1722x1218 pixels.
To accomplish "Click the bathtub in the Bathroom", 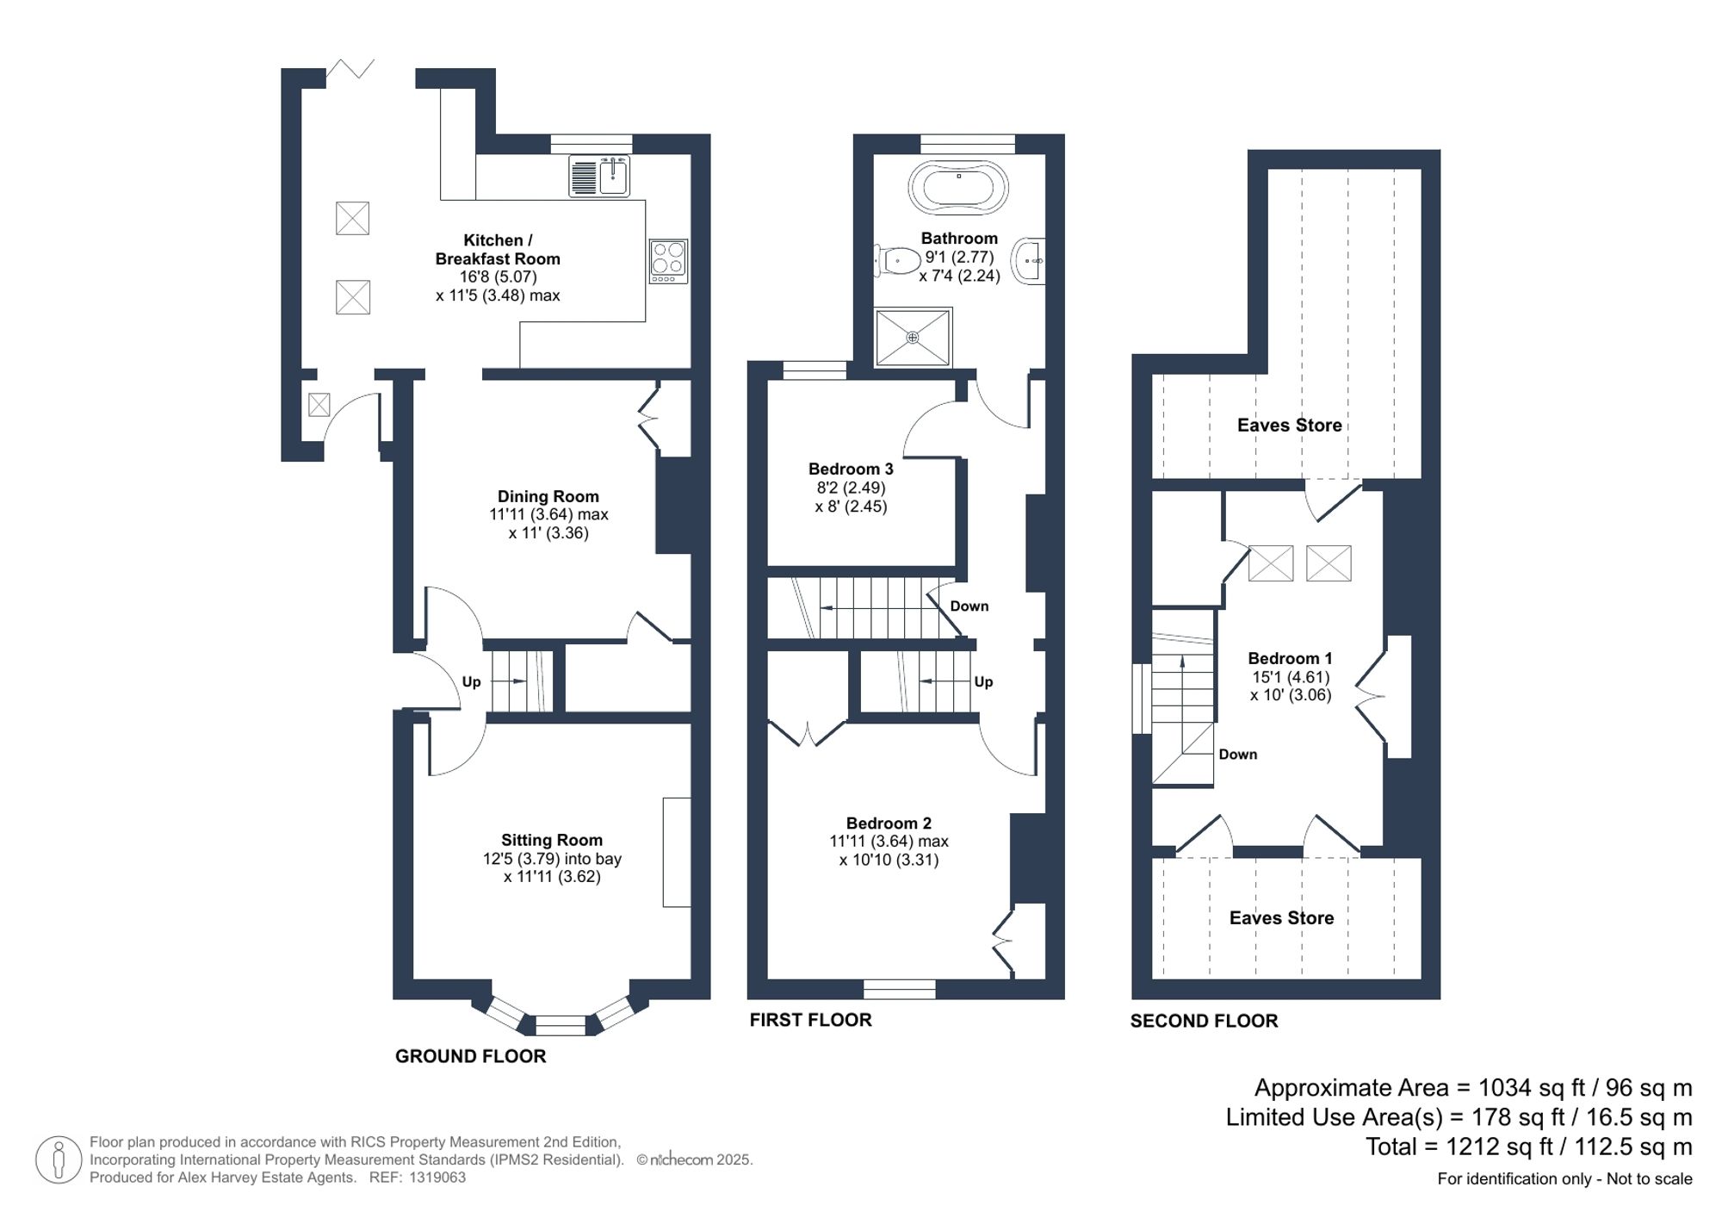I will [957, 186].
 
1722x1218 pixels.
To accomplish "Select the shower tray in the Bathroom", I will [913, 338].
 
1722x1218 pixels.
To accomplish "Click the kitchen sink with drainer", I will [600, 176].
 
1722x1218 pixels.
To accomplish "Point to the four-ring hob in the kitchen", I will [668, 261].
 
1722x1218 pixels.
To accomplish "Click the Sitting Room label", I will [552, 840].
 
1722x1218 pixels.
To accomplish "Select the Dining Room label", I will [548, 496].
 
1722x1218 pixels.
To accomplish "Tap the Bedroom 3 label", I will [851, 469].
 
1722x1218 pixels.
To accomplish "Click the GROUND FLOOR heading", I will [470, 1056].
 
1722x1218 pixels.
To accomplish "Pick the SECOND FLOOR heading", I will [1204, 1021].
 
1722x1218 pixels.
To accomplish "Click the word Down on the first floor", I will [969, 606].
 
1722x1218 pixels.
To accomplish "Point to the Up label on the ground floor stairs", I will [471, 682].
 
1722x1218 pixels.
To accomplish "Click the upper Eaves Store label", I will [1289, 425].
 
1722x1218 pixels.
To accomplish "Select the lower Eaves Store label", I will [1281, 918].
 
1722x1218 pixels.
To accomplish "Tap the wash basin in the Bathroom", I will [1030, 260].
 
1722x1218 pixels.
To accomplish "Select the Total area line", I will [1528, 1147].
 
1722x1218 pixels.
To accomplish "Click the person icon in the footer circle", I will [59, 1159].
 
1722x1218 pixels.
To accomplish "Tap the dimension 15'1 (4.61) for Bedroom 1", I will [1290, 677].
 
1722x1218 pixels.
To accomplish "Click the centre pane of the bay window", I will [561, 1025].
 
